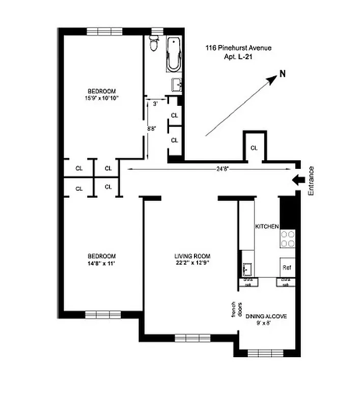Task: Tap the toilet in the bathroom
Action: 154,44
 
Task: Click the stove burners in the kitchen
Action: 288,238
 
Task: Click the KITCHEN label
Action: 266,226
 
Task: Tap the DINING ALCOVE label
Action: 266,316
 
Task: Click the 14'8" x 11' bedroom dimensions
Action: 101,263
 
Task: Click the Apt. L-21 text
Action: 238,57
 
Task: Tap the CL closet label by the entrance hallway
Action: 254,148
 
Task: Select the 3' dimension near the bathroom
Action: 155,103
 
